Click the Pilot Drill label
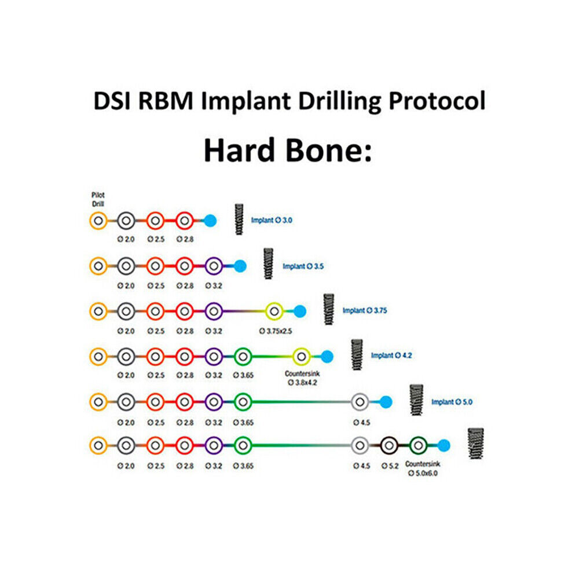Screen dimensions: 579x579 (98, 199)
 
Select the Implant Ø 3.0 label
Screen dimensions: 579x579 (272, 221)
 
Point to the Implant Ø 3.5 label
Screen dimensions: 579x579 (303, 266)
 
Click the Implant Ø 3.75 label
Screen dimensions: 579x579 (365, 310)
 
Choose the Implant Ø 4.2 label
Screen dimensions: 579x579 (391, 356)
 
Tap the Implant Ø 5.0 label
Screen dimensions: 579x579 (452, 402)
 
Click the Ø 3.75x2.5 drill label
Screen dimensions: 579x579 (276, 331)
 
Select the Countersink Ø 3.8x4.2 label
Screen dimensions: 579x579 (302, 378)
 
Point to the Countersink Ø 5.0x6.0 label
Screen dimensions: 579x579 (423, 468)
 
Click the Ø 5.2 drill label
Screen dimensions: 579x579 (390, 466)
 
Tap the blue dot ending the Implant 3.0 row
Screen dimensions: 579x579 (210, 221)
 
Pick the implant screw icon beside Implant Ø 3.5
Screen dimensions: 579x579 (269, 263)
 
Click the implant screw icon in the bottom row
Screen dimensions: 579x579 (475, 444)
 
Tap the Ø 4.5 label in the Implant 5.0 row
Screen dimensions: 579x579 (361, 423)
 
